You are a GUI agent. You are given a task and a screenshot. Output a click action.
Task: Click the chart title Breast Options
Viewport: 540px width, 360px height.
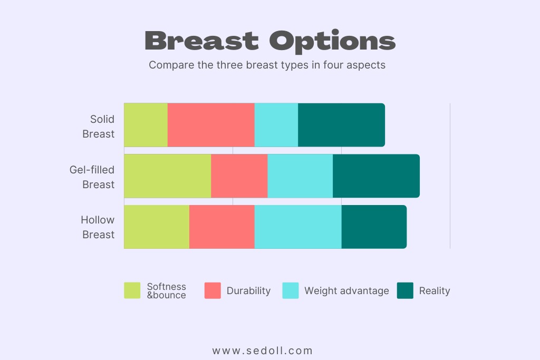pos(269,41)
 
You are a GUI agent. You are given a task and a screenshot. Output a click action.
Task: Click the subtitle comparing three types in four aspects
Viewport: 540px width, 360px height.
pos(267,65)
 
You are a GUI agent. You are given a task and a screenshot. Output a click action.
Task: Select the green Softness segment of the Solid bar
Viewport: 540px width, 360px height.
pos(146,125)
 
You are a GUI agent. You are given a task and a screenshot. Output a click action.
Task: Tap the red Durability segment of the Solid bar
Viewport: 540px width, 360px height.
pos(211,125)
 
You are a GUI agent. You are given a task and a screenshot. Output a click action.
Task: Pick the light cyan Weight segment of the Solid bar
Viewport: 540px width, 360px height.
pos(276,125)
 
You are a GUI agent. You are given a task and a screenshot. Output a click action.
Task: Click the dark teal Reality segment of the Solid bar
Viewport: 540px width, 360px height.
pos(341,125)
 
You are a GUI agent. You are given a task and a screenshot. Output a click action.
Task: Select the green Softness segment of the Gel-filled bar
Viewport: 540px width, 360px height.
pos(167,176)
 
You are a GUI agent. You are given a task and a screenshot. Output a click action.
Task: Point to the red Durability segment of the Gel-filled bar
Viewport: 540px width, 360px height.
pos(239,176)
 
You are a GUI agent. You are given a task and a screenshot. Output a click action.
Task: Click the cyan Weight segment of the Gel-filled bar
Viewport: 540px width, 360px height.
pos(300,176)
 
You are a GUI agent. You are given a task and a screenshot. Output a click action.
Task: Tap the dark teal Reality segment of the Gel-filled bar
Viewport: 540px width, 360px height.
pos(376,176)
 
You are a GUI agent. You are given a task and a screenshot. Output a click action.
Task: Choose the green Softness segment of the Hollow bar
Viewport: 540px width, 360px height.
pos(157,227)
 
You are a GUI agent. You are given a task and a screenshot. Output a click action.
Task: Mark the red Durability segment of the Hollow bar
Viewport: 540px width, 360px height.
pos(221,227)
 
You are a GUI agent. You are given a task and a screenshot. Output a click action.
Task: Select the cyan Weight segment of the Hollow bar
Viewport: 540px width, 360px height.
pos(298,227)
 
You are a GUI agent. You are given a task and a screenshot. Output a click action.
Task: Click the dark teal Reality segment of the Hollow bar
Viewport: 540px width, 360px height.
pos(374,227)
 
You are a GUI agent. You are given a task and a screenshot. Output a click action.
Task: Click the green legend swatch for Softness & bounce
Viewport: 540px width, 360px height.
pos(132,290)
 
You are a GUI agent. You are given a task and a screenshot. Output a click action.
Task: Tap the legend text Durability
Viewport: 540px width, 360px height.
pos(248,291)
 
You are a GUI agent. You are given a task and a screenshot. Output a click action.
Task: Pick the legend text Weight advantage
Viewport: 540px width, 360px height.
pos(346,291)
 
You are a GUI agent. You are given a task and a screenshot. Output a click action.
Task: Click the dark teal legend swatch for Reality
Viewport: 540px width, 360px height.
pos(405,290)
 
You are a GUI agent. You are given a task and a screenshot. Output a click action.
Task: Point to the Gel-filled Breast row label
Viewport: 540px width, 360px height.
pos(92,177)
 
